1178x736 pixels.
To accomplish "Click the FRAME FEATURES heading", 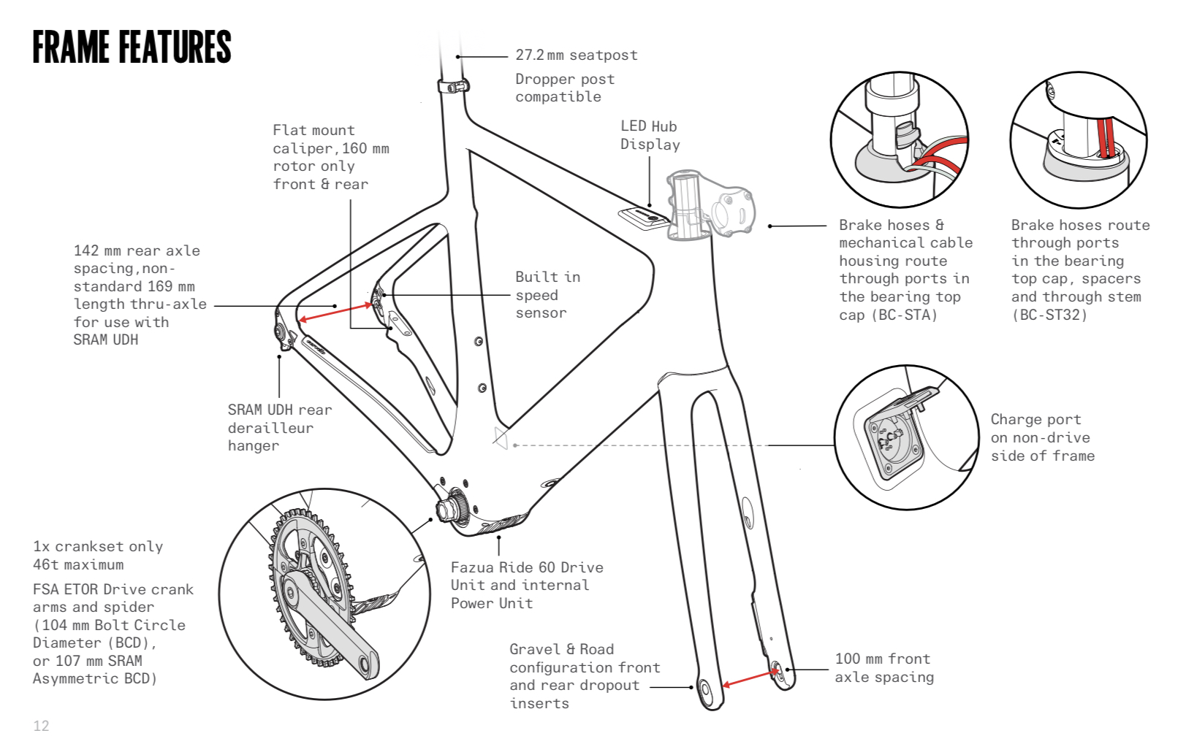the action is [x=132, y=47].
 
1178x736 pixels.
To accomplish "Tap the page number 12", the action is [x=41, y=726].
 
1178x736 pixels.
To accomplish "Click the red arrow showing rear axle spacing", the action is [x=335, y=312].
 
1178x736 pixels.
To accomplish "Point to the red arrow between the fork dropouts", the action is [x=750, y=678].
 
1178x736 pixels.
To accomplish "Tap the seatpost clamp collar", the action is [x=453, y=85].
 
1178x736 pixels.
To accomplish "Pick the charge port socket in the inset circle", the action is [x=893, y=440].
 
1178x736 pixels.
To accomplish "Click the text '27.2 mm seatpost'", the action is [x=577, y=55].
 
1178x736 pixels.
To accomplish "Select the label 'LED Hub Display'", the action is [x=650, y=135].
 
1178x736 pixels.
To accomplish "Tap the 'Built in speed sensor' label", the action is [x=547, y=295].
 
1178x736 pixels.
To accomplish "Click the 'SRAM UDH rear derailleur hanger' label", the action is [x=280, y=428].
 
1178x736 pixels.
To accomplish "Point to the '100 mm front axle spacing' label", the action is [x=884, y=667].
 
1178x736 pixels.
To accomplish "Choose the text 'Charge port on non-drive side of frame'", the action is [x=1043, y=437].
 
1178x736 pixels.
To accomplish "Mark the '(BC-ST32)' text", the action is [x=1049, y=315].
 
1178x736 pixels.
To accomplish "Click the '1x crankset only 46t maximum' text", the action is [x=98, y=555].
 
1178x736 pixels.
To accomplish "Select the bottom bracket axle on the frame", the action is [x=447, y=508].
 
